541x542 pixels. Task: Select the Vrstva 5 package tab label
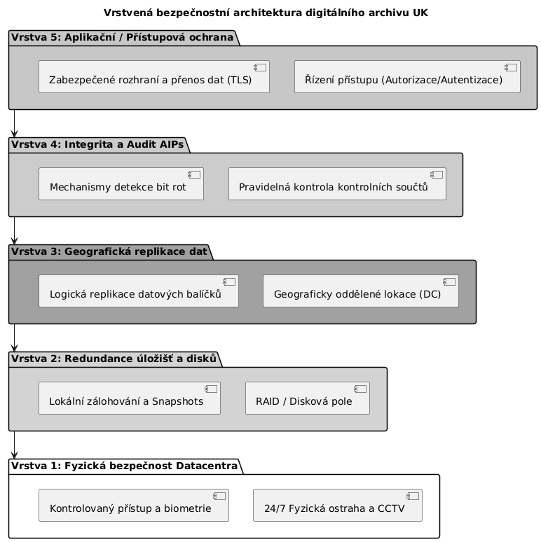tap(122, 37)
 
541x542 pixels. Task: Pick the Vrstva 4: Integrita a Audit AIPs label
tap(97, 145)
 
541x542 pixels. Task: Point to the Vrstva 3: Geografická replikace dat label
tap(109, 251)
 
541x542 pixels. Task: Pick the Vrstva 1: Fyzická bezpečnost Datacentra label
tap(124, 466)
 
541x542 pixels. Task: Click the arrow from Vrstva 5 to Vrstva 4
tap(14, 123)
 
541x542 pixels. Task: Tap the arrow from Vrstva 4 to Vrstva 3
tap(14, 230)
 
